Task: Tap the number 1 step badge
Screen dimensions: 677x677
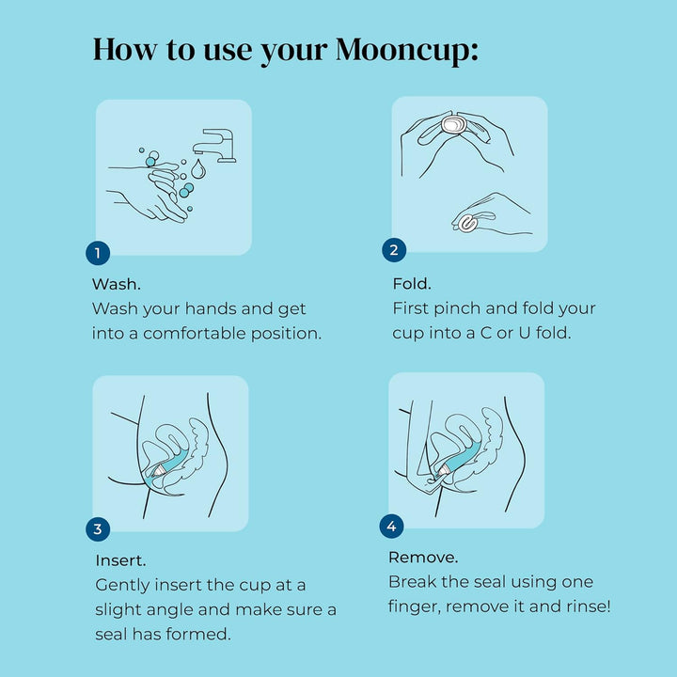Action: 98,252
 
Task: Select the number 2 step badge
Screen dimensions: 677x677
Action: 394,250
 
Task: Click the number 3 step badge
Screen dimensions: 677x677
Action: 98,528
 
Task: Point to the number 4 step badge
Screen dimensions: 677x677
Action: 391,526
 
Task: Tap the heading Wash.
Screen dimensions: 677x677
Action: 117,283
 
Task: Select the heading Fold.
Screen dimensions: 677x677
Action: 411,283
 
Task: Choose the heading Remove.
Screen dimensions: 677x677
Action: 423,557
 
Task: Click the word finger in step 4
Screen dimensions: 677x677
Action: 414,606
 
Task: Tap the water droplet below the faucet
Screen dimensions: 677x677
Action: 198,170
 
